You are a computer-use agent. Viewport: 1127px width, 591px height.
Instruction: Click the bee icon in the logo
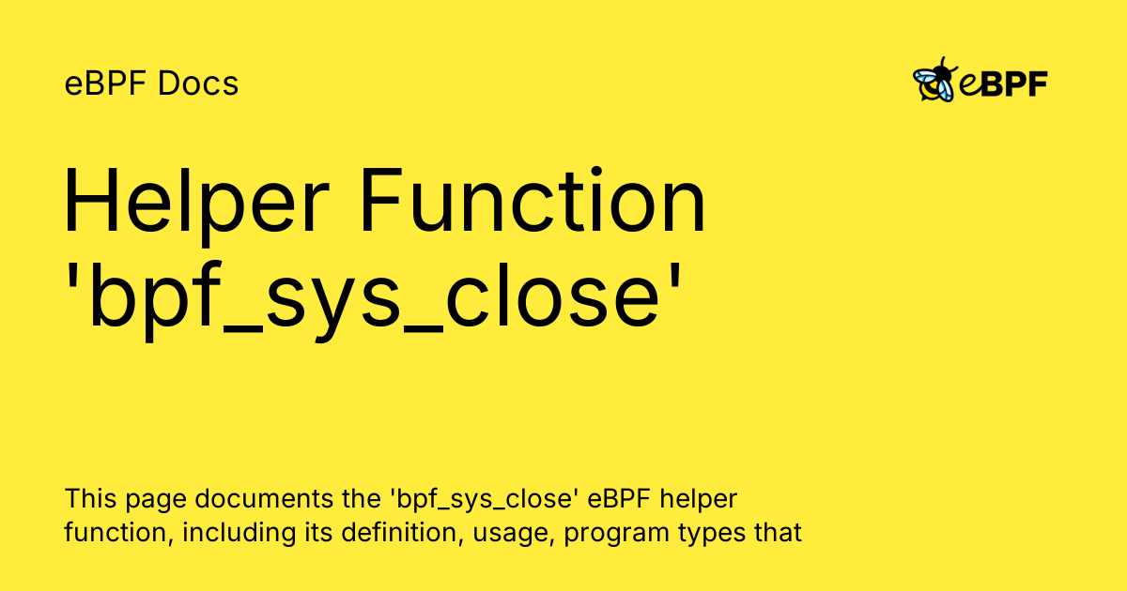tap(934, 83)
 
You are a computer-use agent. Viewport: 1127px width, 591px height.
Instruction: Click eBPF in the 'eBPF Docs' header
tap(106, 83)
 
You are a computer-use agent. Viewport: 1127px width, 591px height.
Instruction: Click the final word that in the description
tap(782, 533)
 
